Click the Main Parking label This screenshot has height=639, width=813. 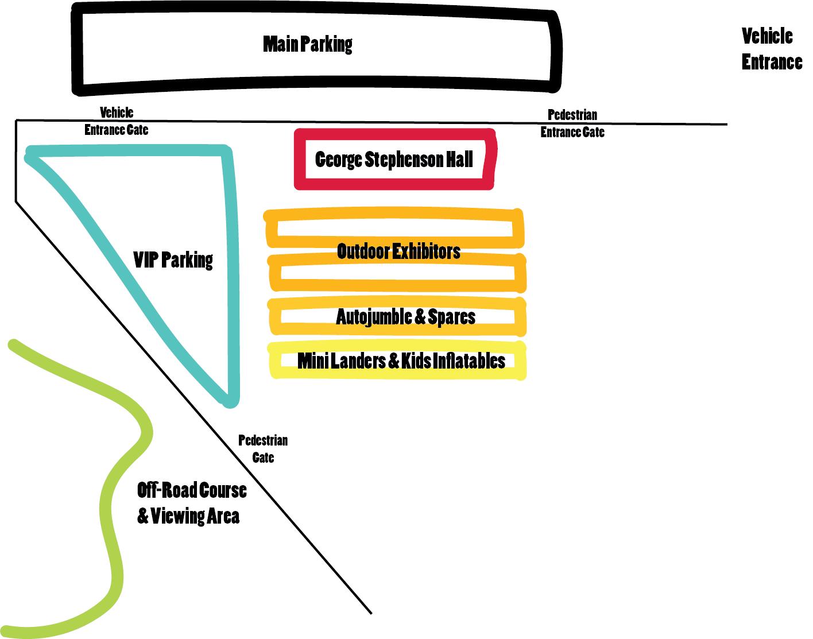click(x=308, y=44)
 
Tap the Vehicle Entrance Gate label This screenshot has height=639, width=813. click(x=117, y=121)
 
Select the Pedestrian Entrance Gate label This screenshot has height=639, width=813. click(x=572, y=123)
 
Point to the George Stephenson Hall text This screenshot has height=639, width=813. click(x=394, y=159)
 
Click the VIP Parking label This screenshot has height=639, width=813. click(x=173, y=260)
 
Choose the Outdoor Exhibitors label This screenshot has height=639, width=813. click(x=398, y=251)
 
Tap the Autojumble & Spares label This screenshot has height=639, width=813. click(x=405, y=317)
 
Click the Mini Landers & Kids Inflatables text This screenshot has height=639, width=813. click(x=401, y=361)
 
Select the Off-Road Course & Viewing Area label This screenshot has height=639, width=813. click(x=191, y=503)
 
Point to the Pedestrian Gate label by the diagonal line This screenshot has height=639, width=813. click(x=263, y=449)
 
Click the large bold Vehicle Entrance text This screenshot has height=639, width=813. click(x=771, y=49)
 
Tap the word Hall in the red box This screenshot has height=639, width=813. click(x=459, y=159)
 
